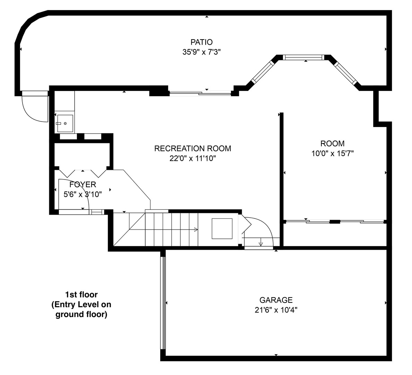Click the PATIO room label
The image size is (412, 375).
coord(201,42)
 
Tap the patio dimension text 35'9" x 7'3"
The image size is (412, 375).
coord(201,52)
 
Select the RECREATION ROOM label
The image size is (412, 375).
coord(192,149)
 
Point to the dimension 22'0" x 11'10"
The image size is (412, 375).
coord(192,159)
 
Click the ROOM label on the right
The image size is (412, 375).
coord(332,143)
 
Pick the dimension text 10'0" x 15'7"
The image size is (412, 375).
coord(332,153)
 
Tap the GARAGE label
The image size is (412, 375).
coord(276,300)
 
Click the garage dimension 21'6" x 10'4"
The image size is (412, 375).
coord(276,310)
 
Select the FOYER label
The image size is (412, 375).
coord(83,184)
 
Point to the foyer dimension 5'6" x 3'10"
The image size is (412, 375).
coord(83,194)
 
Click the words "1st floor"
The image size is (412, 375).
coord(81,295)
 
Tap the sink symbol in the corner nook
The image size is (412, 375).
coord(65,123)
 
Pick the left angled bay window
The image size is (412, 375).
coord(263,72)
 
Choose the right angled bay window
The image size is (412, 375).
coord(345,73)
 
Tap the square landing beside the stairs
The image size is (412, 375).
coord(222,228)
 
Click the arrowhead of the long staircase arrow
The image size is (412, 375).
coord(196,230)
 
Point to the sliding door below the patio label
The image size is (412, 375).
coord(200,93)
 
